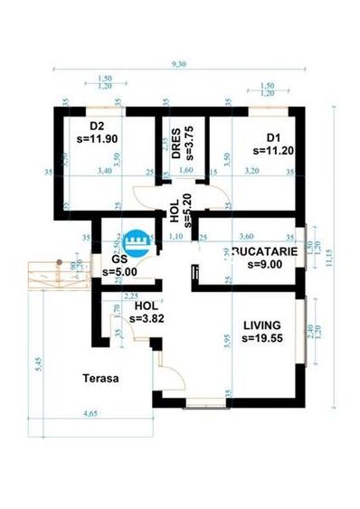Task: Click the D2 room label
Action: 98,126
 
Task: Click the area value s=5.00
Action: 120,270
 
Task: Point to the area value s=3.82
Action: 147,318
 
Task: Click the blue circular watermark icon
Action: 137,240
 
